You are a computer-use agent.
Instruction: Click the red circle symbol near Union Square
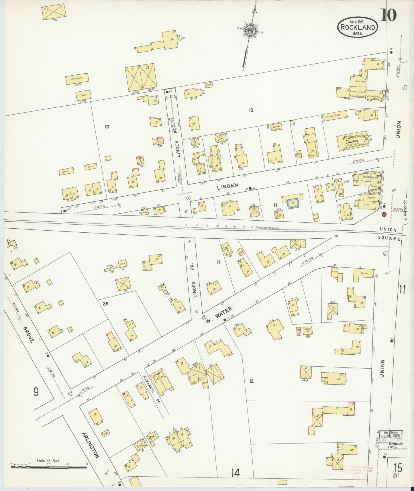(383, 214)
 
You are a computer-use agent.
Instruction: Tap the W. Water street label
(218, 314)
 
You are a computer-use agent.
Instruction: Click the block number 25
(105, 304)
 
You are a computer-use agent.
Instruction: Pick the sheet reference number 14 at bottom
(235, 473)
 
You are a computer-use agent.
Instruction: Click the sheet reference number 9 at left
(36, 392)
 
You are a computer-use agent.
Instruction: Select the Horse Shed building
(335, 116)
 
